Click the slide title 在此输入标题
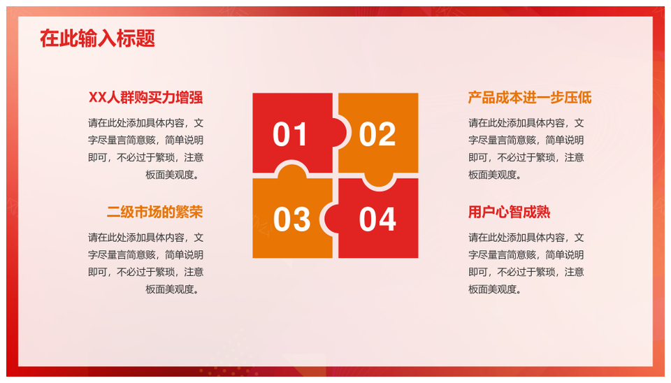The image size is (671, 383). [x=97, y=38]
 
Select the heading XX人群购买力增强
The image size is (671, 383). [x=146, y=98]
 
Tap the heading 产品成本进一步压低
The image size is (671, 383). [x=530, y=98]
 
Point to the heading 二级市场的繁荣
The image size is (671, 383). [x=155, y=212]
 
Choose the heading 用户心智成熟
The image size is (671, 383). [x=510, y=212]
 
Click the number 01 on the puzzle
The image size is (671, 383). [x=290, y=134]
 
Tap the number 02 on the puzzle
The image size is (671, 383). [x=377, y=134]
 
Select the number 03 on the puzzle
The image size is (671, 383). [x=291, y=219]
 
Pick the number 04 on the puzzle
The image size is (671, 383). [x=377, y=219]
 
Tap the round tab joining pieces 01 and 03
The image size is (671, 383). [x=292, y=170]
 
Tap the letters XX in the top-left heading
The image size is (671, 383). [x=97, y=98]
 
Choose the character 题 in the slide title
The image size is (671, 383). [x=145, y=38]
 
